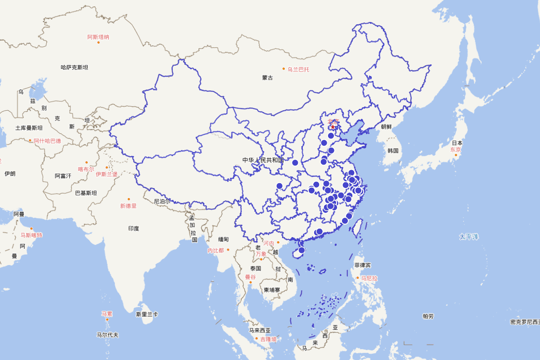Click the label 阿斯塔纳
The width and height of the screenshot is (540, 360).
click(x=98, y=37)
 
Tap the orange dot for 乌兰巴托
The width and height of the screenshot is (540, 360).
click(x=284, y=69)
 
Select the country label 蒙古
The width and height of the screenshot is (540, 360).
click(x=267, y=78)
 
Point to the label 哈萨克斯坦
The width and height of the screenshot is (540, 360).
click(x=74, y=67)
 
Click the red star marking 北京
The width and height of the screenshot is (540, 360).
click(x=333, y=127)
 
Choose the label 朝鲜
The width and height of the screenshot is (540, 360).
click(x=387, y=127)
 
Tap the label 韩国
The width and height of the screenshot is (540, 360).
click(x=393, y=150)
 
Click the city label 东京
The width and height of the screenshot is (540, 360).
click(x=455, y=150)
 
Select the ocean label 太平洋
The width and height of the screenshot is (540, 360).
click(x=469, y=236)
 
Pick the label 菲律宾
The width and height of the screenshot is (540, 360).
click(x=362, y=265)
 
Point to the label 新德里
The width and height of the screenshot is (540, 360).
click(x=128, y=206)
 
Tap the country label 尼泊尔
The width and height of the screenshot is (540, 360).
click(x=162, y=201)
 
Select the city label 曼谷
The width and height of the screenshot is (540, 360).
click(x=250, y=277)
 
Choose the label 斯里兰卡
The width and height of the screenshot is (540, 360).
click(x=147, y=314)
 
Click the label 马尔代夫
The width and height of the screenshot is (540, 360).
click(x=108, y=335)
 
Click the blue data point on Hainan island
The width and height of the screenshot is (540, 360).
click(x=301, y=250)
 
